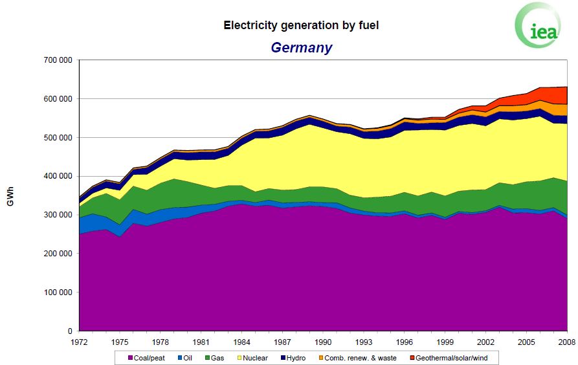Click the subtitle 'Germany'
pyautogui.click(x=301, y=47)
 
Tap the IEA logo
pyautogui.click(x=538, y=27)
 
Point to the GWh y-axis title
pyautogui.click(x=10, y=196)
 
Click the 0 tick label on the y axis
pyautogui.click(x=69, y=331)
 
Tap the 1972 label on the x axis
pyautogui.click(x=79, y=342)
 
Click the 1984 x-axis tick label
pyautogui.click(x=241, y=342)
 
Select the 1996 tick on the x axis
pyautogui.click(x=405, y=342)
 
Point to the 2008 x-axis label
pyautogui.click(x=567, y=342)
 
